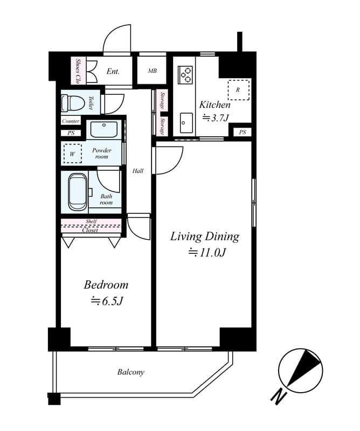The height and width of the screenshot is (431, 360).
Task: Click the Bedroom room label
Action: tap(106, 285)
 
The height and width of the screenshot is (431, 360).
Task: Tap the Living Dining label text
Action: tap(205, 237)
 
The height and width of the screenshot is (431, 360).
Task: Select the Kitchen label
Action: tap(215, 105)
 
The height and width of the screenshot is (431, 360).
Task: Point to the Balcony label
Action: tap(130, 372)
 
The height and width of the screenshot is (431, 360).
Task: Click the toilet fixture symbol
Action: tap(71, 102)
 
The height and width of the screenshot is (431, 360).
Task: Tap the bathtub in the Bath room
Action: tap(77, 191)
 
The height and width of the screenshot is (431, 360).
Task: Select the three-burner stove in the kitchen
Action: tap(186, 74)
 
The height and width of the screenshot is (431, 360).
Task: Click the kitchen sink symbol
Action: tap(186, 123)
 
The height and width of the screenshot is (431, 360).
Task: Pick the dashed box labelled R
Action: tap(238, 90)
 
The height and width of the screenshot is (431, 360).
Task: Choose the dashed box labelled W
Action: tap(72, 153)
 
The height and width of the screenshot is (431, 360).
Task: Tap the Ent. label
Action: tap(113, 71)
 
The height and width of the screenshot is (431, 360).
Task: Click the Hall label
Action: tap(138, 171)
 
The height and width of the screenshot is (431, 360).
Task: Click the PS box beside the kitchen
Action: tap(242, 132)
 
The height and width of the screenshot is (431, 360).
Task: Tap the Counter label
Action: tap(71, 121)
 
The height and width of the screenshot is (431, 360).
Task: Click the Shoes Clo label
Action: tap(78, 71)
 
